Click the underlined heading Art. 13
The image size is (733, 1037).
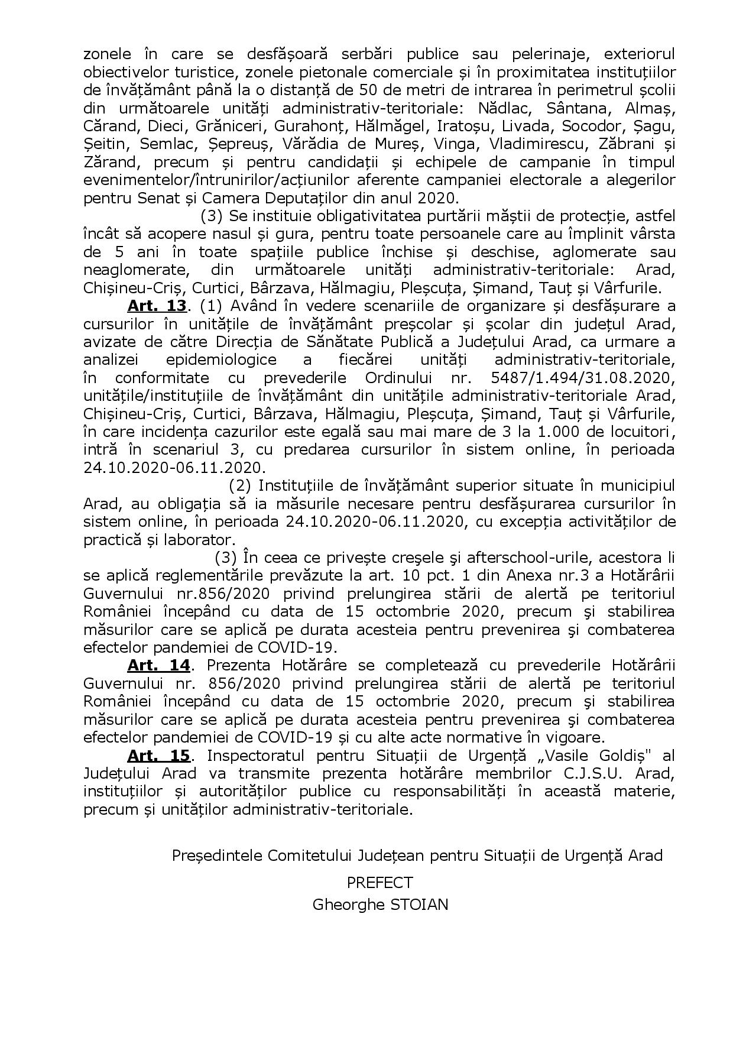157,306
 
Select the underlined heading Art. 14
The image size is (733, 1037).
158,665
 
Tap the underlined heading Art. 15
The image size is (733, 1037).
158,755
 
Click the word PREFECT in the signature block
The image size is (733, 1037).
380,883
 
